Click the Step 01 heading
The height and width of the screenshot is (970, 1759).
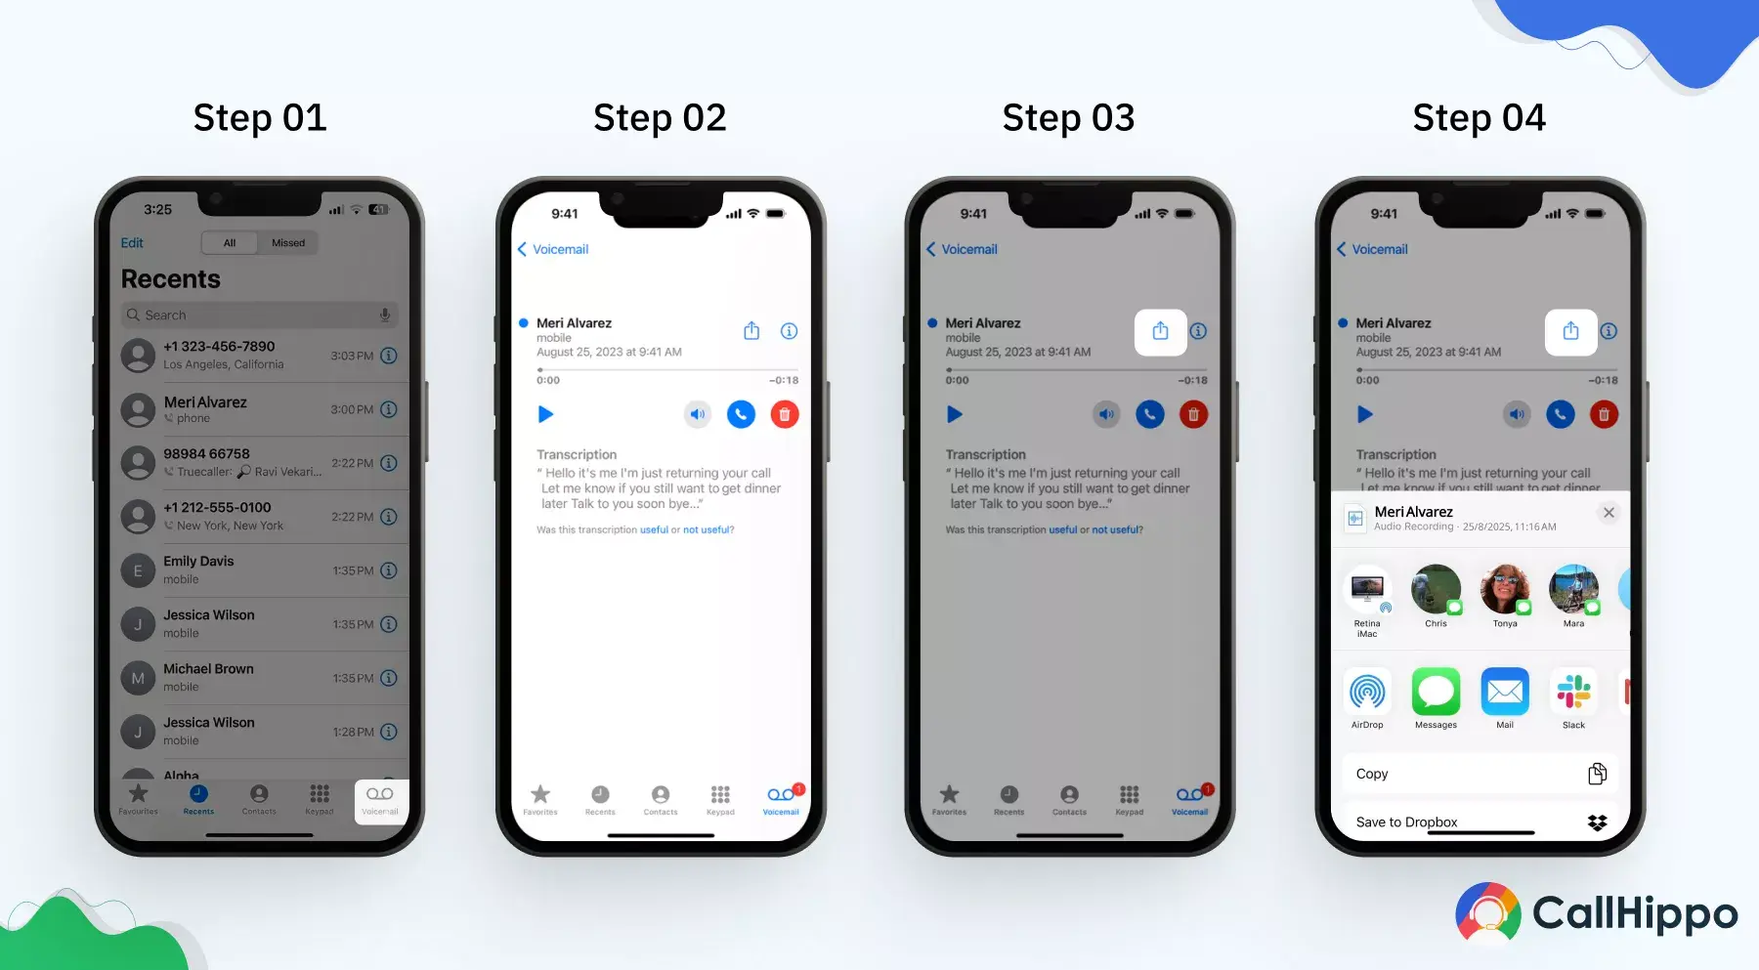coord(260,118)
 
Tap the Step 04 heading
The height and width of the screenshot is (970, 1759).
coord(1479,118)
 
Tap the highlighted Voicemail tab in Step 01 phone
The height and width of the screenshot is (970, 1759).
coord(380,799)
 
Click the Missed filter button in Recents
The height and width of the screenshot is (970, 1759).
coord(288,243)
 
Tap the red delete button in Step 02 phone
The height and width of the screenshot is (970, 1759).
coord(785,415)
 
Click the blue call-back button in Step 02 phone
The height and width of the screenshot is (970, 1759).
coord(741,415)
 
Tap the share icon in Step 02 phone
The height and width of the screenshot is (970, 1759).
coord(751,331)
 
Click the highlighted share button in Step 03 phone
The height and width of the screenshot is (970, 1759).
coord(1160,332)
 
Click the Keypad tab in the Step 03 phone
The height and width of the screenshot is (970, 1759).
coord(1129,799)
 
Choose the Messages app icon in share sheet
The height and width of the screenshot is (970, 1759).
coord(1436,693)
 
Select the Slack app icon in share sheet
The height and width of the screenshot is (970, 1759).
coord(1573,693)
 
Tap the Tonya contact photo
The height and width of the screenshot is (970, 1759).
coord(1505,589)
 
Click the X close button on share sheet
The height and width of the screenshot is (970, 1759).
coord(1609,513)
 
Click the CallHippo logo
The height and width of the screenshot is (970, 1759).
coord(1596,913)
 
